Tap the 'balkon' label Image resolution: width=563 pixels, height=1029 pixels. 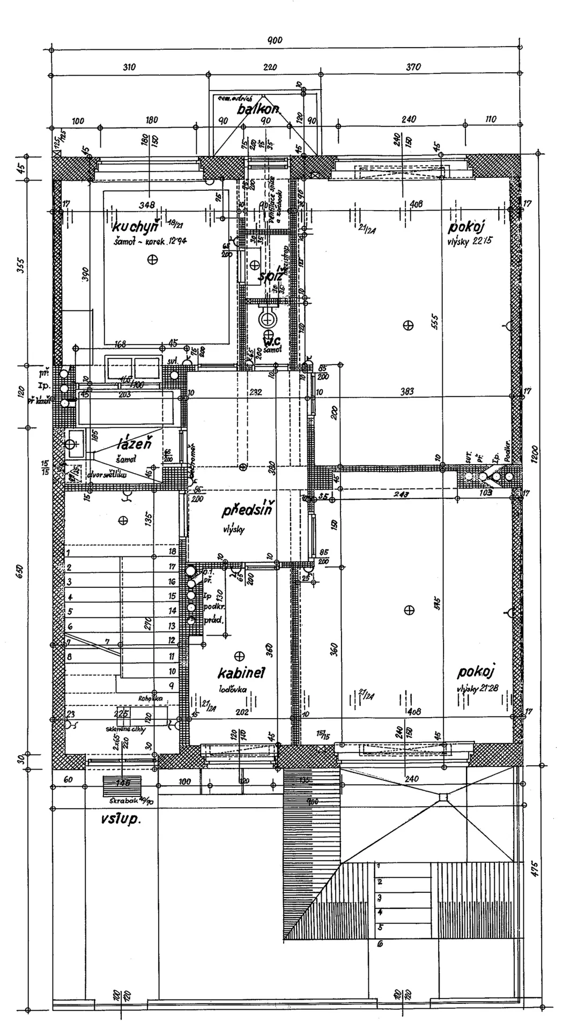[x=258, y=109]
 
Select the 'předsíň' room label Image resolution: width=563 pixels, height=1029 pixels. [x=248, y=511]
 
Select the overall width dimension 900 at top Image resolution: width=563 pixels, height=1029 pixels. [x=275, y=41]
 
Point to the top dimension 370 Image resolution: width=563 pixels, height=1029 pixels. [x=413, y=67]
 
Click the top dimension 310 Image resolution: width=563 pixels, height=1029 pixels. [x=129, y=67]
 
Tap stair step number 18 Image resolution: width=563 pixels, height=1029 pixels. [x=172, y=551]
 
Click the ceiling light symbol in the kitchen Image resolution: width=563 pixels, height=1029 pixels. [x=153, y=259]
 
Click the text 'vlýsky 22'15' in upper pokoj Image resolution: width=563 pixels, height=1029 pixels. [x=469, y=242]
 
